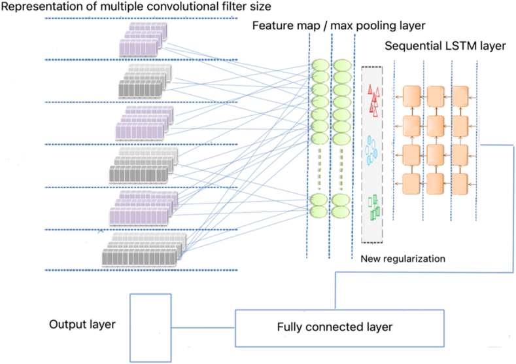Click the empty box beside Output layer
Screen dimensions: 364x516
(151, 327)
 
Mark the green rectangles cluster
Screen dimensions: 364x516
(375, 208)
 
